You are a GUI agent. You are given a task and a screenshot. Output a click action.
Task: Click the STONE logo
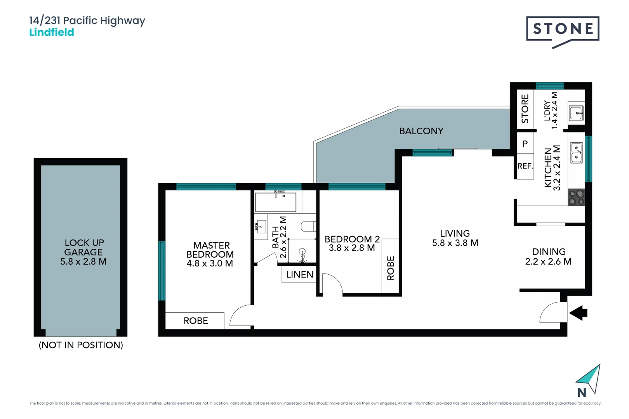[563, 29]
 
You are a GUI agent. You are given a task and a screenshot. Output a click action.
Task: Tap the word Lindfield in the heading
[52, 32]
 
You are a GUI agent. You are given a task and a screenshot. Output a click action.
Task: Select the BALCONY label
[421, 131]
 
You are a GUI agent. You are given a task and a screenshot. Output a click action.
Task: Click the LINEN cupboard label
[299, 275]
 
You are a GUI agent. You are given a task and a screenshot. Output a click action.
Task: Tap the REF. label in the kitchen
[525, 166]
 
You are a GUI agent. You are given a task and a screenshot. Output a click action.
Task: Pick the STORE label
[525, 109]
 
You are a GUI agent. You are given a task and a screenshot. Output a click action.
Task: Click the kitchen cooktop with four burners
[577, 197]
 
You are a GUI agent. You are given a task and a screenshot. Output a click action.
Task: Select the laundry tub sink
[576, 113]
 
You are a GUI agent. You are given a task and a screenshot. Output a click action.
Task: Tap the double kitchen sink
[577, 152]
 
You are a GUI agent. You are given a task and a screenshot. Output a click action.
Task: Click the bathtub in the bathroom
[276, 202]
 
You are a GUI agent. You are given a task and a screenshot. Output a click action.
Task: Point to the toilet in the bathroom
[309, 226]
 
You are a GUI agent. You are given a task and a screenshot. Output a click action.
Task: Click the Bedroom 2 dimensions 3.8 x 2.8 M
[352, 248]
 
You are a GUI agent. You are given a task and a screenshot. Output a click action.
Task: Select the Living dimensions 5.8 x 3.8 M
[455, 243]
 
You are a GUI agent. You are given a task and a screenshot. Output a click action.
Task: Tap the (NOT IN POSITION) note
[81, 345]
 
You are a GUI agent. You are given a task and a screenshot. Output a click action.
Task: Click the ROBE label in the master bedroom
[196, 321]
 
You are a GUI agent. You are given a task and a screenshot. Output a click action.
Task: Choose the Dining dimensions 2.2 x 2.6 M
[548, 261]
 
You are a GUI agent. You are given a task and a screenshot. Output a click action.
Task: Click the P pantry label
[525, 144]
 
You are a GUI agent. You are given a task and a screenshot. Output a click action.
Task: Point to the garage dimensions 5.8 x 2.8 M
[83, 261]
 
